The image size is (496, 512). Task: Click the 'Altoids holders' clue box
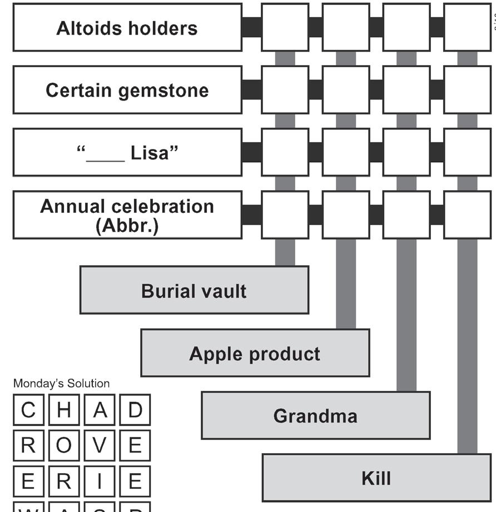click(127, 28)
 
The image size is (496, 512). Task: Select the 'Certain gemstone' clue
click(127, 90)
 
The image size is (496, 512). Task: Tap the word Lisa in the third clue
click(149, 153)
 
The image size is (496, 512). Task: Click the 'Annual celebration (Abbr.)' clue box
click(127, 215)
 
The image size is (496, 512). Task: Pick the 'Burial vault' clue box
click(194, 290)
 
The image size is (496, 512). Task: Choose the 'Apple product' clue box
click(255, 353)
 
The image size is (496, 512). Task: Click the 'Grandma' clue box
click(315, 415)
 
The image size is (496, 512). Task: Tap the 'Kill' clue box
click(376, 478)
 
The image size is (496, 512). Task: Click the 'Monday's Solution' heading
click(61, 384)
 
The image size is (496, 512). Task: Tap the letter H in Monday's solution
click(64, 410)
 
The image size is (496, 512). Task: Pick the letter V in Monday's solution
click(100, 445)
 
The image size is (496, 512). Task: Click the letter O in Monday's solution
click(64, 445)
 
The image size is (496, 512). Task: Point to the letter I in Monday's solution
click(100, 481)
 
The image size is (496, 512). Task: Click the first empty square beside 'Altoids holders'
click(285, 27)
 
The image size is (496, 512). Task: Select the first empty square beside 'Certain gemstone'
click(285, 90)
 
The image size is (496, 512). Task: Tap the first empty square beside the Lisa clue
click(285, 152)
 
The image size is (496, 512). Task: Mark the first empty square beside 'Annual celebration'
click(285, 215)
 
